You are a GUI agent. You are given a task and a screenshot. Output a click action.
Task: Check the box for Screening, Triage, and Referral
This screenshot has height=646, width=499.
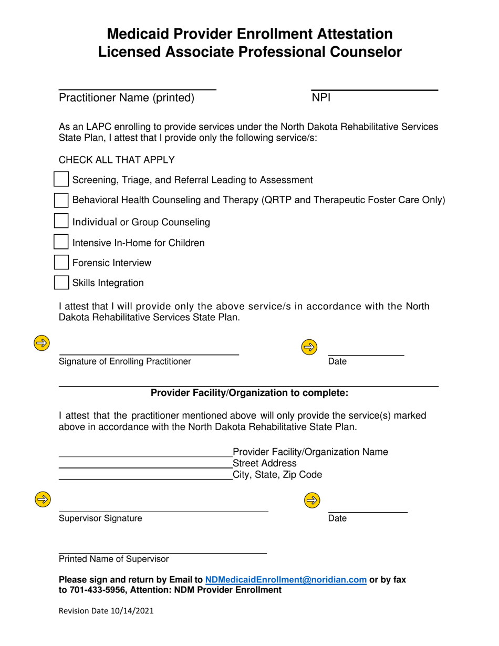[61, 180]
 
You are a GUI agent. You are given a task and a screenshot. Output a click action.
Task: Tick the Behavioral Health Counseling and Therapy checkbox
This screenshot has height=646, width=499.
[61, 200]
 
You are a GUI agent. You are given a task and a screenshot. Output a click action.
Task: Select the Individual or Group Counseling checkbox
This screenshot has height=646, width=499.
[61, 221]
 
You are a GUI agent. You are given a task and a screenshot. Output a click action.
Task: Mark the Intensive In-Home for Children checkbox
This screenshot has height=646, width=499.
[61, 242]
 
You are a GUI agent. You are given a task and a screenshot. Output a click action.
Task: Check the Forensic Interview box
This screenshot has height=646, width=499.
[61, 262]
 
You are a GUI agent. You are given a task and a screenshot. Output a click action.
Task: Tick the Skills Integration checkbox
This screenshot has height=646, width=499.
[61, 283]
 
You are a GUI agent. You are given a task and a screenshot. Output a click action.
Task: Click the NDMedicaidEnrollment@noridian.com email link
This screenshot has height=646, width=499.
[286, 580]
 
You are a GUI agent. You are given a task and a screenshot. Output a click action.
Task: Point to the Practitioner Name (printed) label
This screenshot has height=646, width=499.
[127, 98]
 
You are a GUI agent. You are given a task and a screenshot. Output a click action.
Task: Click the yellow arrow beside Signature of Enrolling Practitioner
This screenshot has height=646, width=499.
[41, 343]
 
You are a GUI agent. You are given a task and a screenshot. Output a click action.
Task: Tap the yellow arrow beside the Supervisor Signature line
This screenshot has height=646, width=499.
[41, 498]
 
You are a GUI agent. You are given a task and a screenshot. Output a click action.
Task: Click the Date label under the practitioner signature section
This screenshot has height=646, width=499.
[337, 361]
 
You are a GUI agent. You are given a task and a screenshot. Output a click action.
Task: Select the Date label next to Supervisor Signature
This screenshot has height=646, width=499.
[337, 518]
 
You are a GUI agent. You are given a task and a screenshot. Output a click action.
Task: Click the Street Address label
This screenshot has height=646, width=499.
[264, 463]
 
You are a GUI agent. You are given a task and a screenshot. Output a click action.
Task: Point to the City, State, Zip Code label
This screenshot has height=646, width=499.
[277, 475]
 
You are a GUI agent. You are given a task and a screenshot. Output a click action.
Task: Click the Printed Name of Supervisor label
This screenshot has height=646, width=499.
[113, 559]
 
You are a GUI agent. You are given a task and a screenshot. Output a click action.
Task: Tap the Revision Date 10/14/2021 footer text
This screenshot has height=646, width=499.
[106, 611]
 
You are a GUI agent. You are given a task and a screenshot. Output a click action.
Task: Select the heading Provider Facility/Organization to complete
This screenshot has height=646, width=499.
[250, 393]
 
